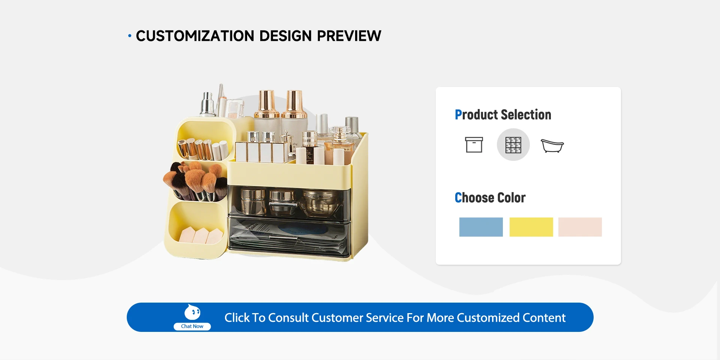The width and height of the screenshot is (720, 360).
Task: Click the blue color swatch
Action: click(x=481, y=227)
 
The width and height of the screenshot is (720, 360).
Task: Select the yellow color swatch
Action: click(x=531, y=227)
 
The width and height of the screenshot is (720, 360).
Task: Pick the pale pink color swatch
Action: click(x=580, y=227)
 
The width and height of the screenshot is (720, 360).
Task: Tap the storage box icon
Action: click(x=474, y=145)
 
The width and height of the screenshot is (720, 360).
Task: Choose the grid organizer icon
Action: click(x=513, y=145)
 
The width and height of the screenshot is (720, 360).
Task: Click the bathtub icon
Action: click(x=552, y=145)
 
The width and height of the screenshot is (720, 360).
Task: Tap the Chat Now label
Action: click(x=192, y=326)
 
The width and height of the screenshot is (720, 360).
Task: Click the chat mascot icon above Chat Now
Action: click(x=192, y=312)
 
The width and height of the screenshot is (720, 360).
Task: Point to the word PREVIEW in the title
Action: click(x=349, y=36)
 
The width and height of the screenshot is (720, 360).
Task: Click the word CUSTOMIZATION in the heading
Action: click(x=195, y=36)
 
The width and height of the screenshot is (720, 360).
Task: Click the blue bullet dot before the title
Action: click(x=130, y=36)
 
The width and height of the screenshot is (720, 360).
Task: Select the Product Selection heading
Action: click(x=503, y=114)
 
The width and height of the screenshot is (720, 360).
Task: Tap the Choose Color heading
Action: click(x=490, y=198)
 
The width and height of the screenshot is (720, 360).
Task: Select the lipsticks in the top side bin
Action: click(x=203, y=149)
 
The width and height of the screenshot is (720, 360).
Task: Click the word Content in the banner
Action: click(x=544, y=318)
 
